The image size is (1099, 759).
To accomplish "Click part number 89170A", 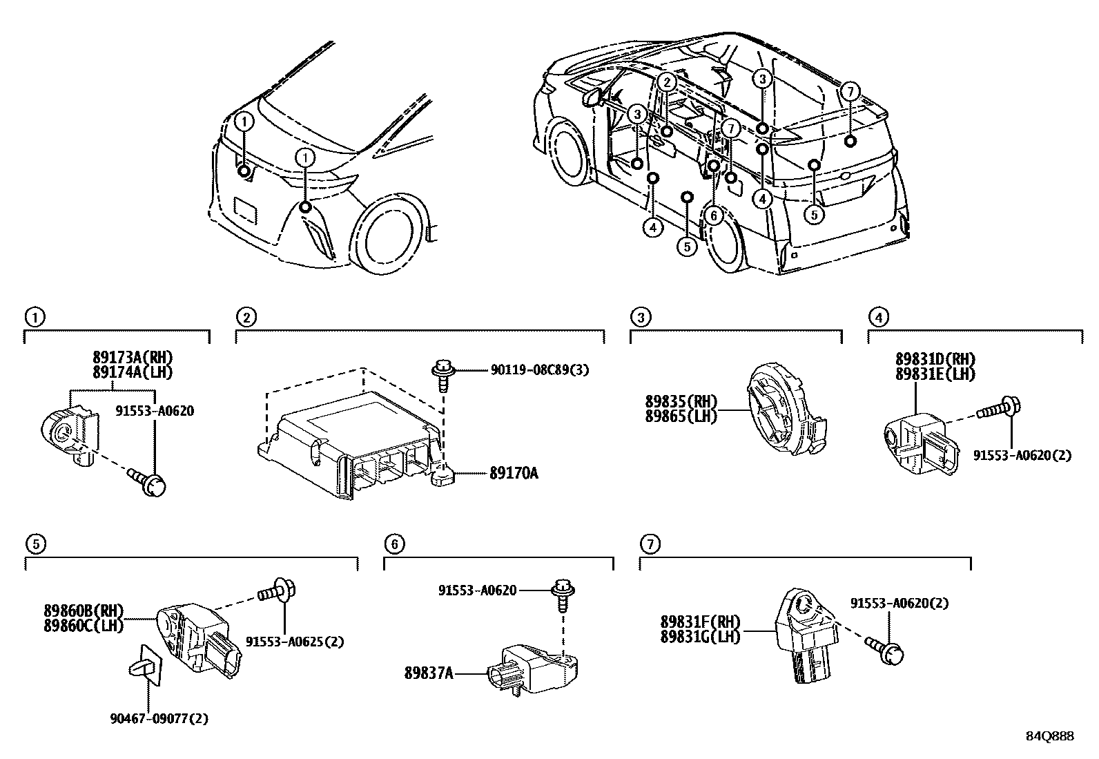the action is [x=514, y=473].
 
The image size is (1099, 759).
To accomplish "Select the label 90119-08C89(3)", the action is [x=540, y=369].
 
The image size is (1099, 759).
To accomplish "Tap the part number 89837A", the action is [x=429, y=673].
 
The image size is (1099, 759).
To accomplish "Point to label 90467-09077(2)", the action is [x=159, y=719].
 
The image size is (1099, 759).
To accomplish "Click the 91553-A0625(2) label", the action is [x=294, y=642].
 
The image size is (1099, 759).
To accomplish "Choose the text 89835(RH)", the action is [x=681, y=402].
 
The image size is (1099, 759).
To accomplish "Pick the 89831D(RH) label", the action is [x=935, y=359].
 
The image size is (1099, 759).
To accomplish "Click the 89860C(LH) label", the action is [x=84, y=626].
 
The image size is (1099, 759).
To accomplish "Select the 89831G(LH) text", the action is [x=700, y=637].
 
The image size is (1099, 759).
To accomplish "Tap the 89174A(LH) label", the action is [x=133, y=373].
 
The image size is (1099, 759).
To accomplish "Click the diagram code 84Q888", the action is [x=1050, y=736].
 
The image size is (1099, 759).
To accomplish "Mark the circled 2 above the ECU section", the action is [x=246, y=317].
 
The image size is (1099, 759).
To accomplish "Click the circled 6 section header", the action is [x=394, y=544].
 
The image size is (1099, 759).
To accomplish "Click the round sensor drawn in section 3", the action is [x=786, y=408].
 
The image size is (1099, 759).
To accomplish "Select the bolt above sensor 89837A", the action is [x=563, y=595].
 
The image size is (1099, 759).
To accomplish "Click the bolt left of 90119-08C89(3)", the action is [x=442, y=376].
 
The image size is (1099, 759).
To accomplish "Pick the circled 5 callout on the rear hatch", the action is [x=814, y=215].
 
